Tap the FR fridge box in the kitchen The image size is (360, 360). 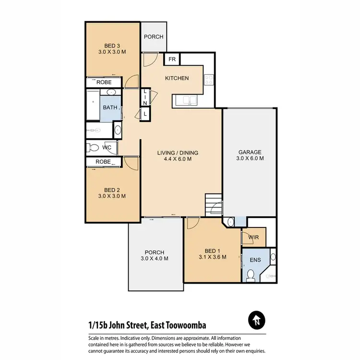point(171,60)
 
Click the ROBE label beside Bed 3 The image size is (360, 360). point(104,83)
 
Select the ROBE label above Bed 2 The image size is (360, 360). point(103,162)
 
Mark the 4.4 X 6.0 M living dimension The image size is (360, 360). point(178,160)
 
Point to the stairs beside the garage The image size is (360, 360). point(213,204)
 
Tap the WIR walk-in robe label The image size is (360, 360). point(253,237)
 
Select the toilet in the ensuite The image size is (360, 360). point(250,275)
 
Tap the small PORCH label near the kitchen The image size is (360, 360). point(154,37)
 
